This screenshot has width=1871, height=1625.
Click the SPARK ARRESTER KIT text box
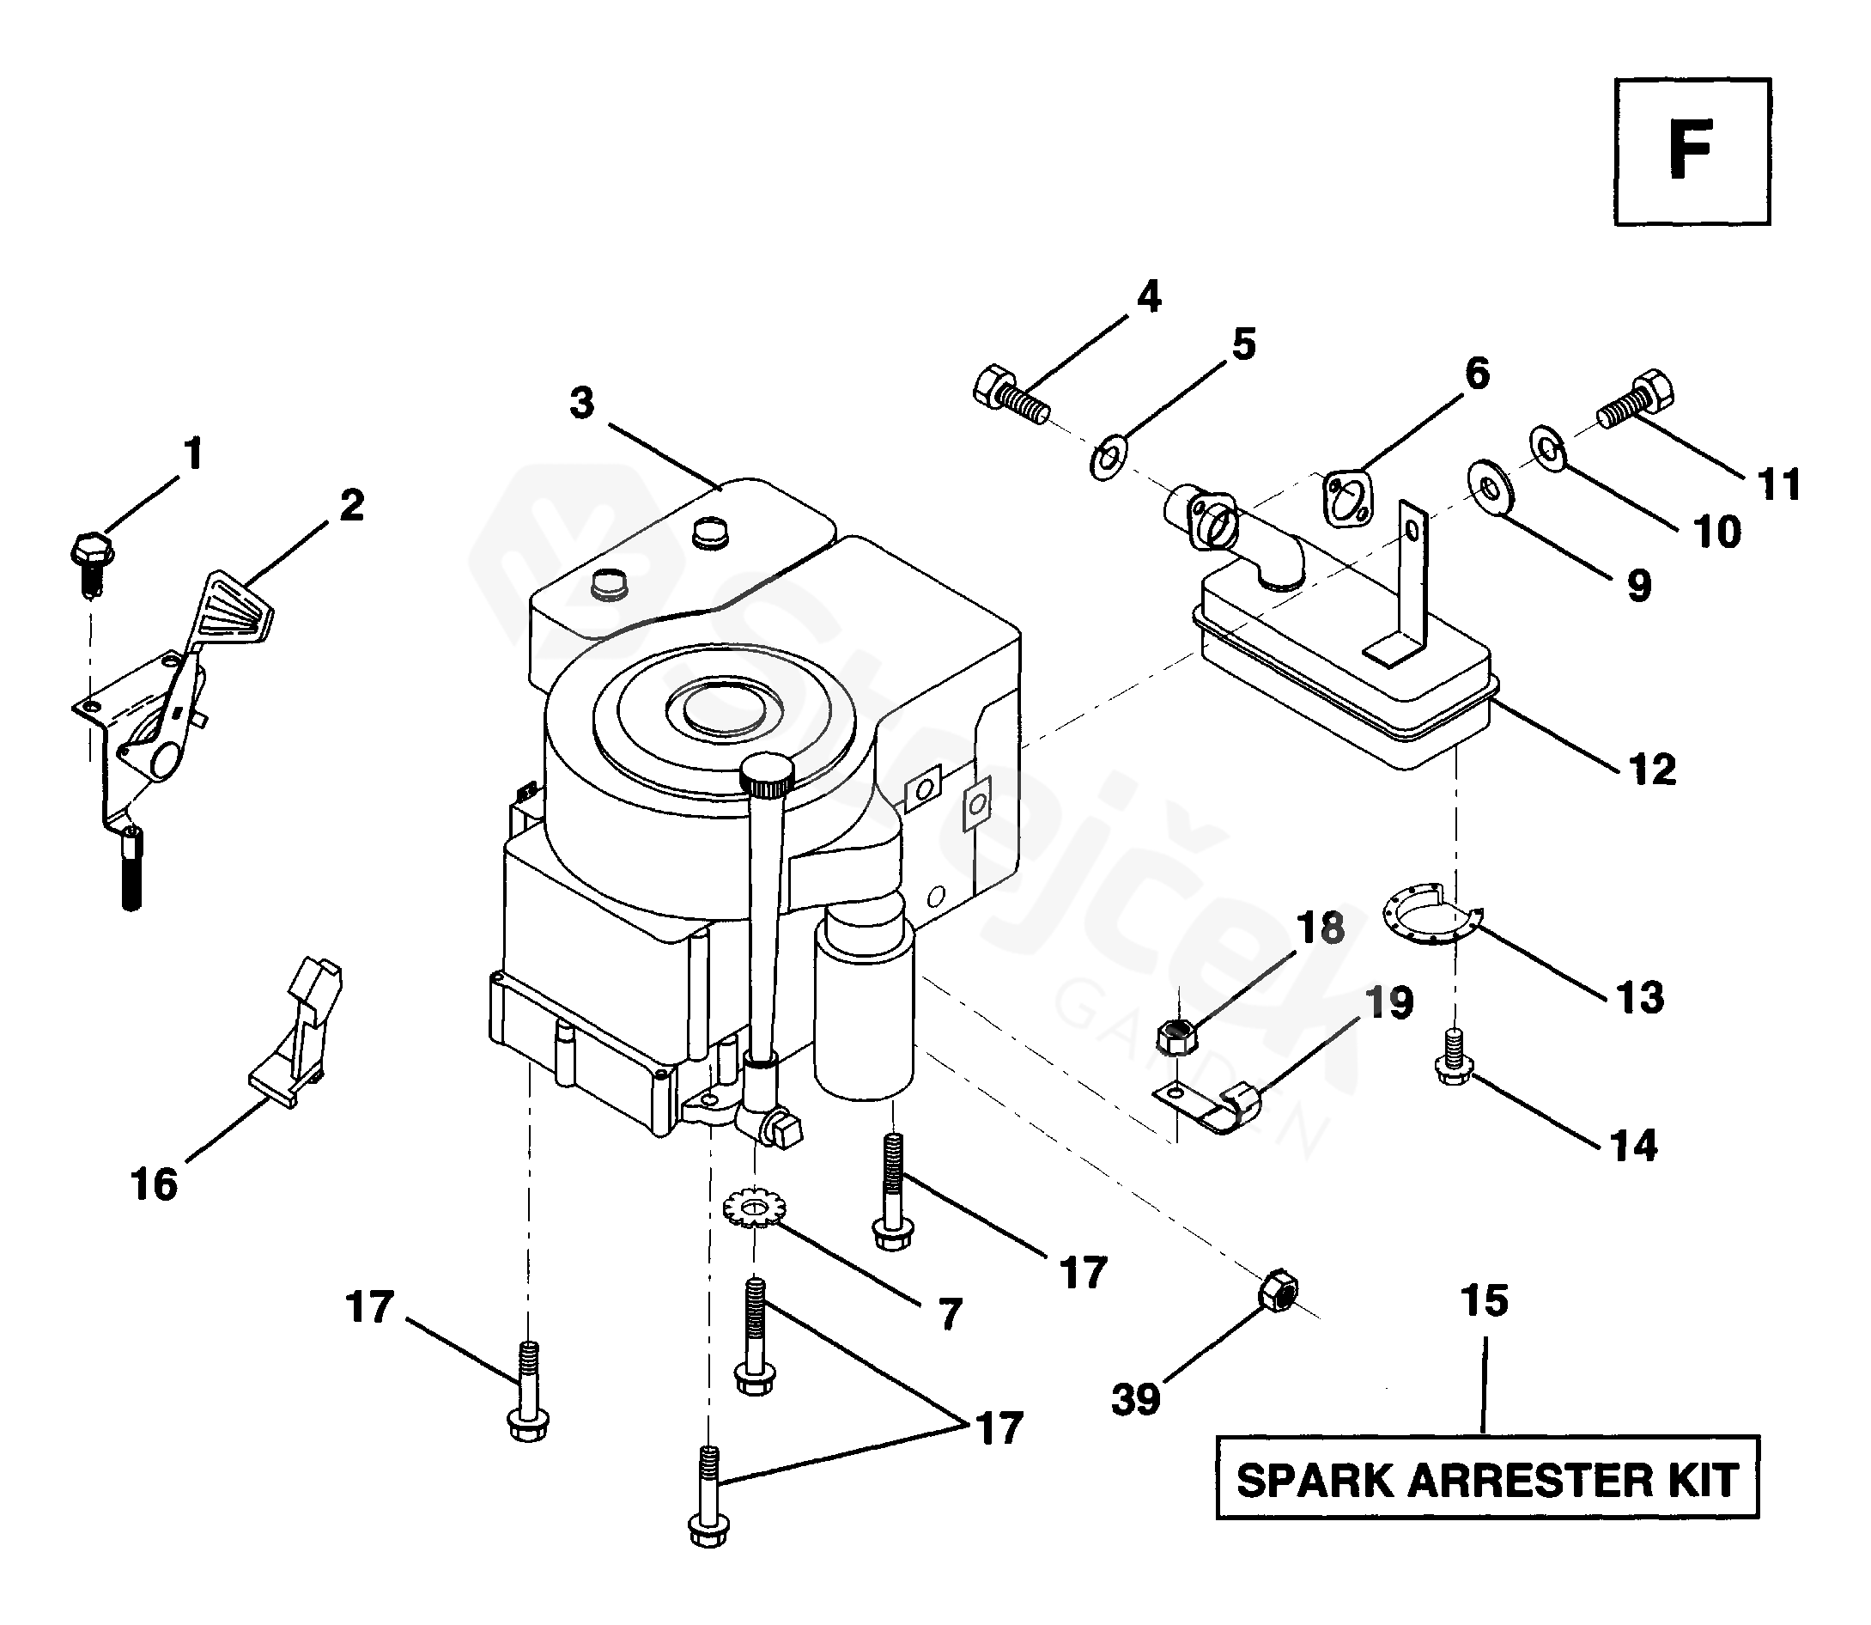[1486, 1481]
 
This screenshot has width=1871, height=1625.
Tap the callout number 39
[1136, 1399]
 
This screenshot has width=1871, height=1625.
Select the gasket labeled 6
[1349, 498]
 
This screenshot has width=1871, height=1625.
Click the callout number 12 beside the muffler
[1652, 770]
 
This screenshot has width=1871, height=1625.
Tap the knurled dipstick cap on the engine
[766, 774]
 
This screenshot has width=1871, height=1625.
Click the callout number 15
[1485, 1300]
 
